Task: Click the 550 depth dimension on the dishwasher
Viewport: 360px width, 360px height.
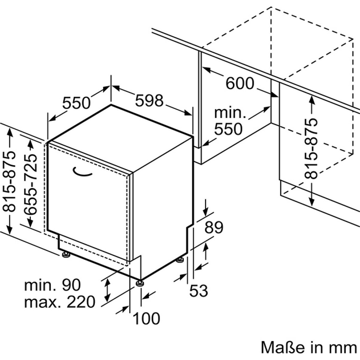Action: click(77, 103)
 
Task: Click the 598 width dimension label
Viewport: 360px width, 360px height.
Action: click(149, 101)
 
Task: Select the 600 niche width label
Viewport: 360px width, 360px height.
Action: click(240, 84)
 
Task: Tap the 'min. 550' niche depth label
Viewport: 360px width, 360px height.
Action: click(229, 121)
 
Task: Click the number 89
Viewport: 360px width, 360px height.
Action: click(213, 227)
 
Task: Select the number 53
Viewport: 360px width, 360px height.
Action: click(199, 291)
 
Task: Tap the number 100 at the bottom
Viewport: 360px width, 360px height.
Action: click(146, 319)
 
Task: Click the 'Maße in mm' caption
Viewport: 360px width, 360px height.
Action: click(309, 347)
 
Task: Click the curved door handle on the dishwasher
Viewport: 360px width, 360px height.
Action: click(83, 171)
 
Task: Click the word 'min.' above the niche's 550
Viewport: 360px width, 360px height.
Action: click(230, 112)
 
